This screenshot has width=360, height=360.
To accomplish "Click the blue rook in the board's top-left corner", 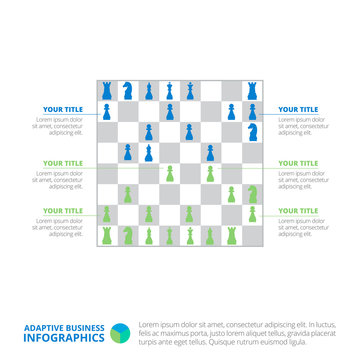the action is coord(107,90).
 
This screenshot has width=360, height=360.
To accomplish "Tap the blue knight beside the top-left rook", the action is coord(128,90).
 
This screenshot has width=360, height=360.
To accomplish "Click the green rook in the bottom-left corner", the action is coord(107,234).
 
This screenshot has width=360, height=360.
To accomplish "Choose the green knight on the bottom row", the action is coord(128,234).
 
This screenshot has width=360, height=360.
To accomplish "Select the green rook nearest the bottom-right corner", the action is coord(232,234).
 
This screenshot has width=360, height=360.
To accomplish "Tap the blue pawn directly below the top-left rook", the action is coord(107,111).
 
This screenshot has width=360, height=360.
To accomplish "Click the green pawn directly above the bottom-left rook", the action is coord(107,213).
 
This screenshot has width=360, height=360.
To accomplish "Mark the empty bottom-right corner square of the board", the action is coord(253,234).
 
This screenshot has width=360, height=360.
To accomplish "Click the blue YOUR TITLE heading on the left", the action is coord(62,109).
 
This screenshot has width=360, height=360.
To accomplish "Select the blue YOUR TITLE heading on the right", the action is coord(298,109).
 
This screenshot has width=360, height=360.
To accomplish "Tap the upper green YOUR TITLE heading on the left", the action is coord(62,163).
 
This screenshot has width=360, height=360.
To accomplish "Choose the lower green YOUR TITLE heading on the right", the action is coord(298,211).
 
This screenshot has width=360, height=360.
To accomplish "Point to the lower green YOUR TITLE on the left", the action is coord(62,211).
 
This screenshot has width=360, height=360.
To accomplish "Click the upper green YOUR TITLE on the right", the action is coord(298,163).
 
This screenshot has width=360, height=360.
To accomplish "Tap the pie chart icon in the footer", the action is coord(120,331).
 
